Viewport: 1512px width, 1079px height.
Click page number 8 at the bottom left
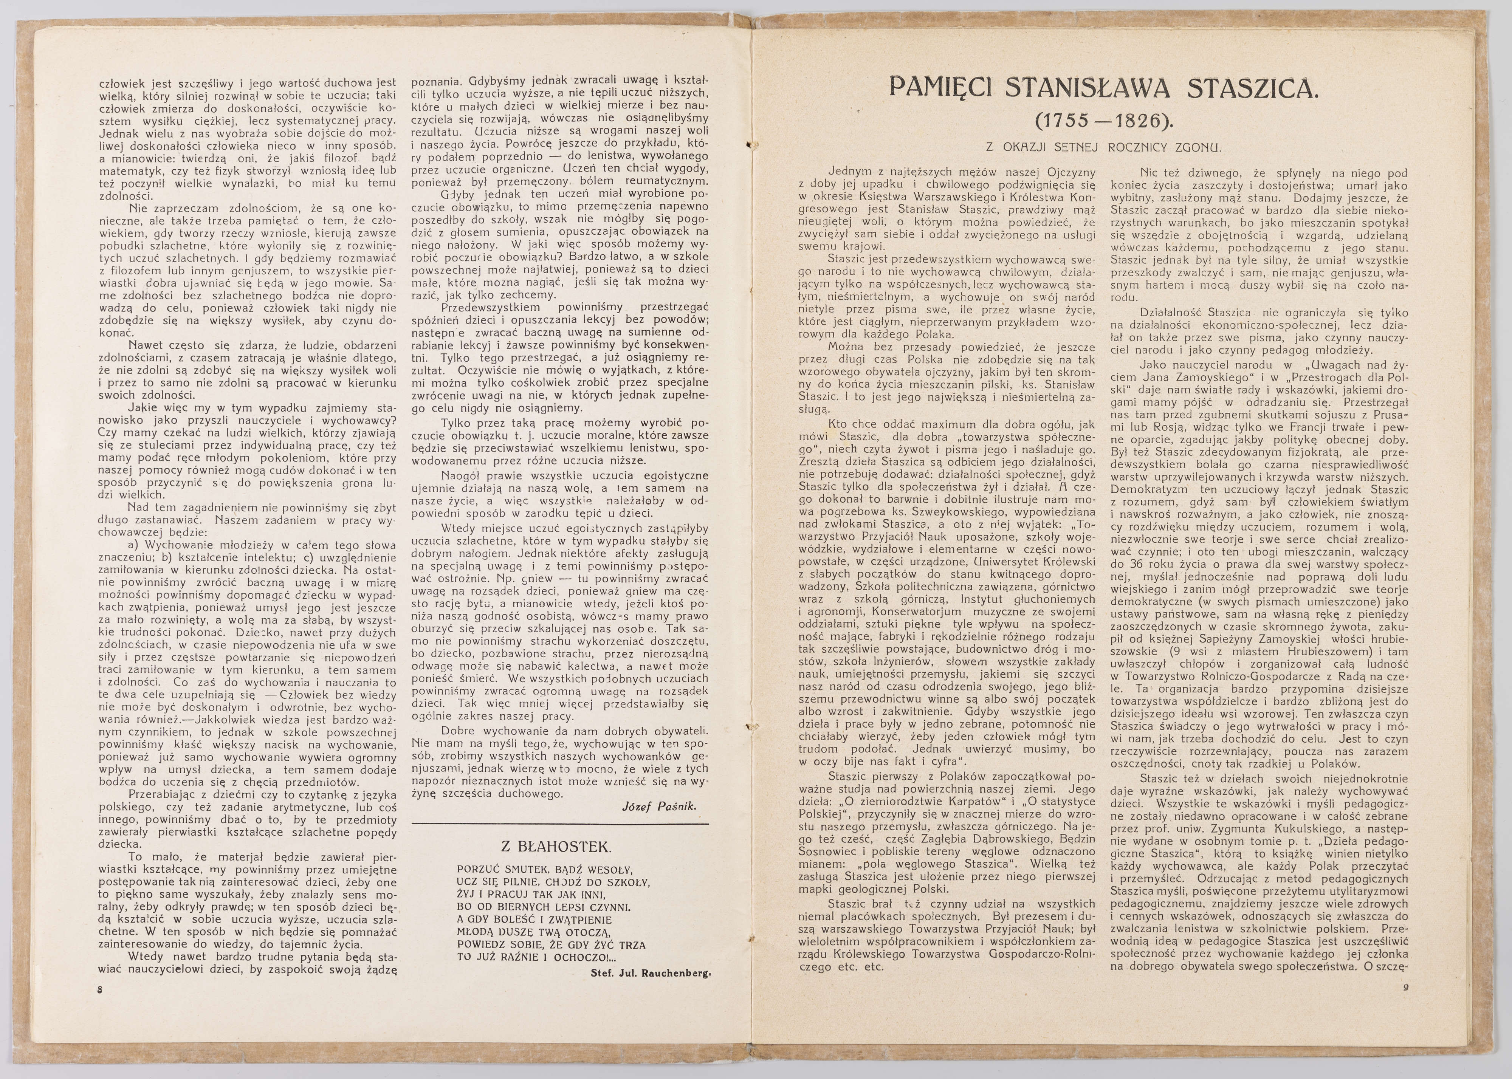101,989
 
